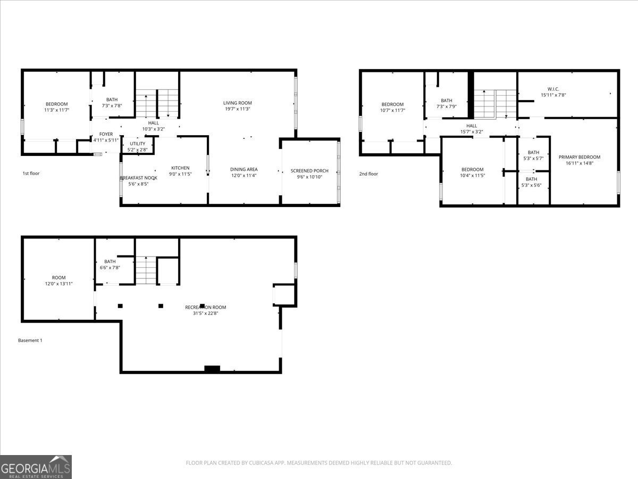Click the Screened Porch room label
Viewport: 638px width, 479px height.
[309, 171]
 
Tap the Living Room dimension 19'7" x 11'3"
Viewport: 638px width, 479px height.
[237, 109]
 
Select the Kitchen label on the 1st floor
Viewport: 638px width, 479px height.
[180, 168]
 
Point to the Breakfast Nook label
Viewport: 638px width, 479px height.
[138, 178]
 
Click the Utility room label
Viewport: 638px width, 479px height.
[137, 144]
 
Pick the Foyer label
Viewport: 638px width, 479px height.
[106, 134]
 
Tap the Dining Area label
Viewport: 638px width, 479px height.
[244, 169]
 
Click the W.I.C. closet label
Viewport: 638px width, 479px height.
[553, 89]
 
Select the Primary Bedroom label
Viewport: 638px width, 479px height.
[579, 157]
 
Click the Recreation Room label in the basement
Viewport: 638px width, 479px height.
[205, 307]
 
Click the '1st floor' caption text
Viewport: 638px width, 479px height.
[31, 174]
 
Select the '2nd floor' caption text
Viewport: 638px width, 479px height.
[368, 174]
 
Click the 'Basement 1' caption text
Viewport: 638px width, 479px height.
[30, 341]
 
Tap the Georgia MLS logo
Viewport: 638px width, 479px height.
[36, 467]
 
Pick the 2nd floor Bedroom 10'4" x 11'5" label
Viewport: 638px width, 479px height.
[472, 169]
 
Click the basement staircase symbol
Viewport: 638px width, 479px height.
[146, 270]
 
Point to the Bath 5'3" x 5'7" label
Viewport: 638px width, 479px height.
[533, 152]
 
